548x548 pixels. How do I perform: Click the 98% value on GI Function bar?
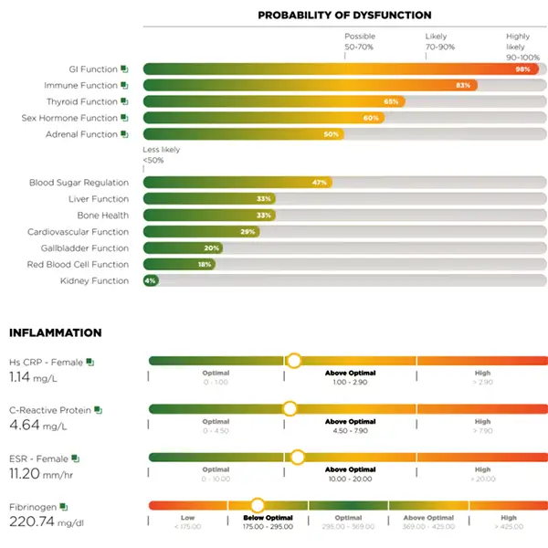[x=522, y=68]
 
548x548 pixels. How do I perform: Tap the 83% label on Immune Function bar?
[x=463, y=85]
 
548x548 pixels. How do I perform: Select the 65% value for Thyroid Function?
[x=391, y=101]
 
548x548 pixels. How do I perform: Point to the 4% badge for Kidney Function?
[x=150, y=280]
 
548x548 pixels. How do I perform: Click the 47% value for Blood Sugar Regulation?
[x=319, y=183]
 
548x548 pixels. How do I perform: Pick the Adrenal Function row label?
[x=81, y=134]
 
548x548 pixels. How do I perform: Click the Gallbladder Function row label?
[x=85, y=248]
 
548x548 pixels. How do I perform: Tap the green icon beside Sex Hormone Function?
[x=125, y=118]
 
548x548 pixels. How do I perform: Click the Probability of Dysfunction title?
[x=344, y=16]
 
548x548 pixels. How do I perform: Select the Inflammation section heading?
[x=55, y=333]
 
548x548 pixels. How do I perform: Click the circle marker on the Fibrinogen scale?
[x=258, y=504]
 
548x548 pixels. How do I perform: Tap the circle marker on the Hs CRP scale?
[x=293, y=361]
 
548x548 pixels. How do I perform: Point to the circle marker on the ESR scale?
[x=297, y=457]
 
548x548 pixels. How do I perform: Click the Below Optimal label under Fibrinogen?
[x=268, y=517]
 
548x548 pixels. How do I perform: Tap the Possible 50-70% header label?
[x=360, y=41]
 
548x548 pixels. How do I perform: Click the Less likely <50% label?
[x=162, y=155]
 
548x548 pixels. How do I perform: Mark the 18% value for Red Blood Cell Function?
[x=205, y=264]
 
